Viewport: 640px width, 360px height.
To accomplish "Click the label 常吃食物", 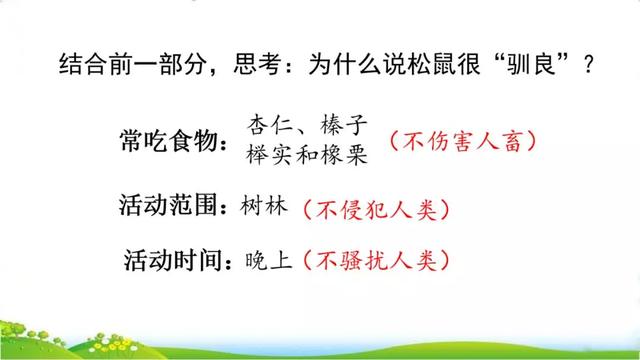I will coord(162,142).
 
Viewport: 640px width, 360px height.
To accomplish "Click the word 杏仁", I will coord(265,128).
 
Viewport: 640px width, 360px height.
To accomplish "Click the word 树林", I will coord(264,207).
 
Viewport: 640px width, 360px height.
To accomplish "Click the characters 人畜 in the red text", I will coord(496,141).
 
